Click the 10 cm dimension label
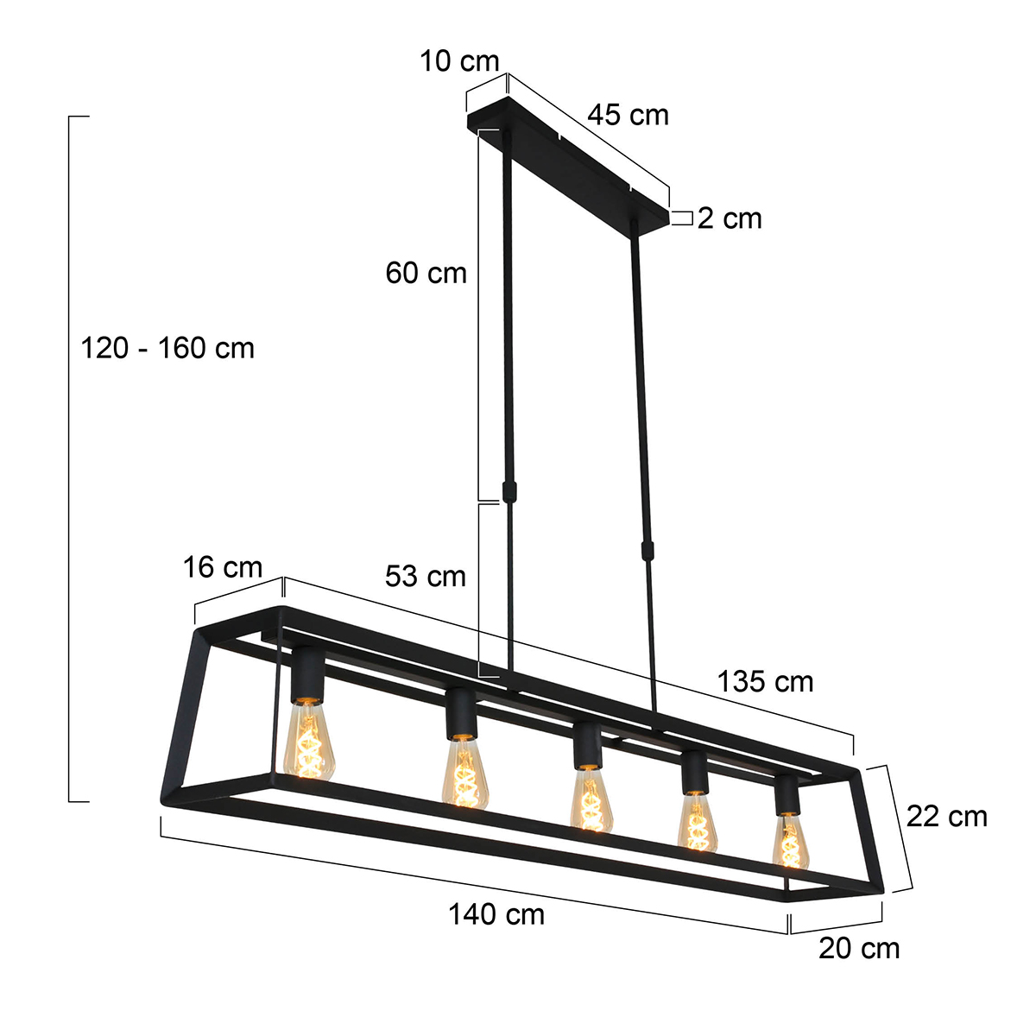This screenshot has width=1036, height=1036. (459, 61)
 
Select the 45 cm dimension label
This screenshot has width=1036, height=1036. (629, 115)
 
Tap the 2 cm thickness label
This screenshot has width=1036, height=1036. (730, 218)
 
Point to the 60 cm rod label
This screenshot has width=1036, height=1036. (426, 273)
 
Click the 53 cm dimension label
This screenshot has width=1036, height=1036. (425, 576)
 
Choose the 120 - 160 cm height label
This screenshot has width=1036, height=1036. (167, 348)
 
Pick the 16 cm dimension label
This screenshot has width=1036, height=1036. (222, 567)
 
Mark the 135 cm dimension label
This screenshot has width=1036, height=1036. (765, 681)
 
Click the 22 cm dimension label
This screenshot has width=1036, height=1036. (946, 816)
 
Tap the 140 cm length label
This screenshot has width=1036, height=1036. (496, 914)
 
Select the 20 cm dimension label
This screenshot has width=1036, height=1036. (859, 948)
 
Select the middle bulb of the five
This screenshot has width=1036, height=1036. (591, 801)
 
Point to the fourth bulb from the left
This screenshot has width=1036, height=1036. (696, 821)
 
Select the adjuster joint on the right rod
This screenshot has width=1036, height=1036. (645, 549)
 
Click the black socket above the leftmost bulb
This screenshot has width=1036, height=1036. (306, 675)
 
